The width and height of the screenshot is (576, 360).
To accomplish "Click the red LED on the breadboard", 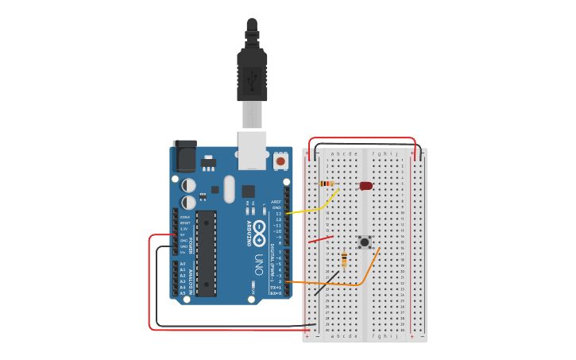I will click(365, 186).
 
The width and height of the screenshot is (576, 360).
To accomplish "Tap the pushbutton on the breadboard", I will click(365, 242).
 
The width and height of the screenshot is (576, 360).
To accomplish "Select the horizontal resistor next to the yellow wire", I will click(327, 184).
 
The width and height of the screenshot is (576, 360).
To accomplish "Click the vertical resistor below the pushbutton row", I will click(344, 260).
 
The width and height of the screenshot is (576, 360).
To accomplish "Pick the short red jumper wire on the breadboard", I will click(320, 239).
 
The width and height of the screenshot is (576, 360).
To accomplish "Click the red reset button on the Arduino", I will click(280, 161).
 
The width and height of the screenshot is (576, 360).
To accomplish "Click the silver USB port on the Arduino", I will click(253, 151).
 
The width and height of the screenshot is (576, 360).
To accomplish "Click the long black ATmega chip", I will click(206, 254).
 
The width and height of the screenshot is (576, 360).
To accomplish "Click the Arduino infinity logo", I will click(260, 230).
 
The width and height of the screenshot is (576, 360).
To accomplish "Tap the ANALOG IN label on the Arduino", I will click(189, 278).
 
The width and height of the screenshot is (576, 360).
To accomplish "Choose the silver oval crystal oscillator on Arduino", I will click(230, 189).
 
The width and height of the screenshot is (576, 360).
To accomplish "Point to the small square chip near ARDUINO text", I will click(248, 191).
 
